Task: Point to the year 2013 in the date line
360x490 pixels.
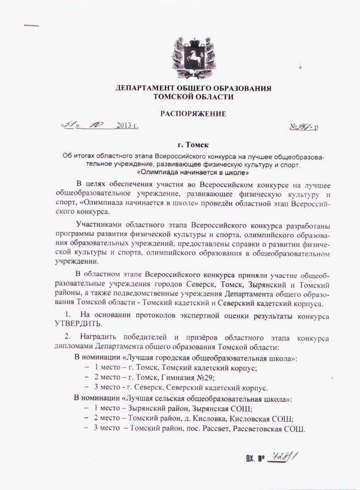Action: [x=124, y=127]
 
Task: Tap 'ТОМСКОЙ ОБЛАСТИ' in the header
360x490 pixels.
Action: [x=193, y=97]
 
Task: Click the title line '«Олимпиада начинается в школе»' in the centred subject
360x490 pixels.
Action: [x=193, y=172]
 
